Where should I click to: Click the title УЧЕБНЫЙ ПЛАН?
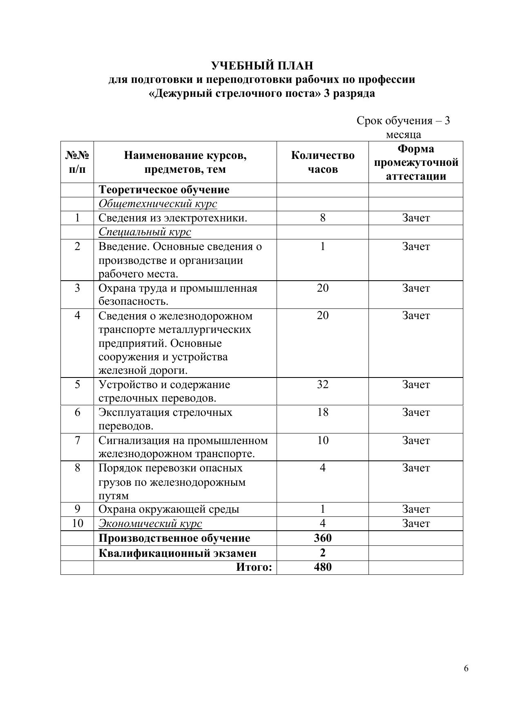pyautogui.click(x=262, y=65)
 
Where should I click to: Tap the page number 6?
pyautogui.click(x=466, y=668)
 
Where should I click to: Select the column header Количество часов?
pyautogui.click(x=323, y=162)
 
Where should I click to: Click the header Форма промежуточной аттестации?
pyautogui.click(x=416, y=162)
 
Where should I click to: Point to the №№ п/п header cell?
pyautogui.click(x=77, y=162)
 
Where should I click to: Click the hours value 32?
pyautogui.click(x=323, y=384)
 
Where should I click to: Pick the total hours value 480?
pyautogui.click(x=323, y=567)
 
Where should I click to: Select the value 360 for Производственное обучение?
pyautogui.click(x=323, y=538)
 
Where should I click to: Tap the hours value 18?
pyautogui.click(x=323, y=412)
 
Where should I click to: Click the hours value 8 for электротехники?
pyautogui.click(x=323, y=218)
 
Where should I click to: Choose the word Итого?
pyautogui.click(x=254, y=567)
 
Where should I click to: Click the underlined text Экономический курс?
pyautogui.click(x=150, y=524)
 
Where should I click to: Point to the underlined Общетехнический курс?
pyautogui.click(x=158, y=204)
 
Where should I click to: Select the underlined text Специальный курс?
pyautogui.click(x=145, y=232)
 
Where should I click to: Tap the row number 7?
pyautogui.click(x=77, y=440)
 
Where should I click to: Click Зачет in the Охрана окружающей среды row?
pyautogui.click(x=416, y=509)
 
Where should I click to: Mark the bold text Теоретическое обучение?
pyautogui.click(x=164, y=190)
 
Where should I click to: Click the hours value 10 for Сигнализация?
pyautogui.click(x=323, y=440)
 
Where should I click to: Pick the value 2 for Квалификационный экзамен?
pyautogui.click(x=323, y=553)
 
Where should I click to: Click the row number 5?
pyautogui.click(x=77, y=384)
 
